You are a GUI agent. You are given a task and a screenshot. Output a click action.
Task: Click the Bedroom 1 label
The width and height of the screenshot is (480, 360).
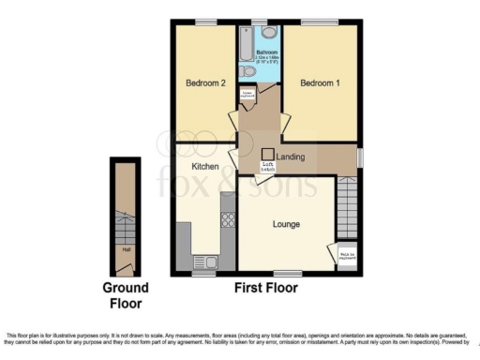click(x=318, y=83)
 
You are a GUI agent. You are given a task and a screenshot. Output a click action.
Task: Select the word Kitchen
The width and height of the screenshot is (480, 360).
click(x=205, y=166)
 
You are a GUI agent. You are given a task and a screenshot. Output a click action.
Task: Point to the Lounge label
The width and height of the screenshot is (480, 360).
click(x=286, y=224)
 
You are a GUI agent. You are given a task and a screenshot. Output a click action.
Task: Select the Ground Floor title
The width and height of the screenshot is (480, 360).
click(x=123, y=296)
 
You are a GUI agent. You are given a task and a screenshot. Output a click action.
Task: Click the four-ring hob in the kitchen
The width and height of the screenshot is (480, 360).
click(x=227, y=219)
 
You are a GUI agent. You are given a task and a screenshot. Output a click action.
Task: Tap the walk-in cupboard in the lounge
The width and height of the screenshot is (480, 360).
click(x=346, y=254)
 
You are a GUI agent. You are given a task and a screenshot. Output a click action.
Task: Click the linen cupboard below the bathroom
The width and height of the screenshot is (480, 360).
click(x=248, y=94)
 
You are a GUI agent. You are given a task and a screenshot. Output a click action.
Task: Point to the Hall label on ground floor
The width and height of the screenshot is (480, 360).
click(x=124, y=249)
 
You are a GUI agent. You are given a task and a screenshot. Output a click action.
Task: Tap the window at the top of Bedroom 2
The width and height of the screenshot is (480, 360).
click(x=206, y=22)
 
